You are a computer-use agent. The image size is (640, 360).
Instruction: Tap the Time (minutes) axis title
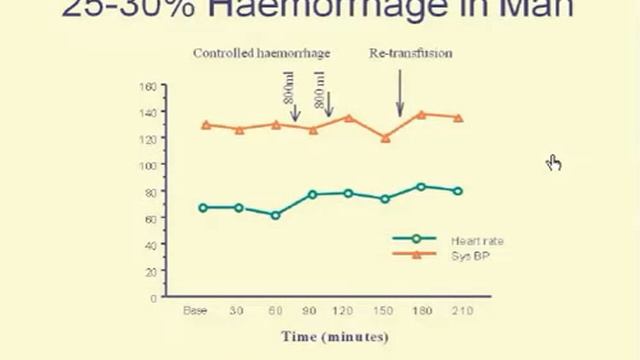pos(334,336)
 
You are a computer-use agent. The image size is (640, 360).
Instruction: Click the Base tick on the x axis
pos(195,311)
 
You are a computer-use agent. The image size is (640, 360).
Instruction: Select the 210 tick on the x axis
pos(457,311)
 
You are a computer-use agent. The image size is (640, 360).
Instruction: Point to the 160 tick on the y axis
pos(148,87)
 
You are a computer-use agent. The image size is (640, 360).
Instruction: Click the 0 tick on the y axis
pos(153,297)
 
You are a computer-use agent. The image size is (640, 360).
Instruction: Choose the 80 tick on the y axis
pos(150,192)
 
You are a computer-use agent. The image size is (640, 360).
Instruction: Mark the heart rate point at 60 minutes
pos(275,215)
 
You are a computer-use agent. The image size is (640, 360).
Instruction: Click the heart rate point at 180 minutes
pos(421,186)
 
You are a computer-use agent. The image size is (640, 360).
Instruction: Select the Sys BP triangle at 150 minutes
pos(385,138)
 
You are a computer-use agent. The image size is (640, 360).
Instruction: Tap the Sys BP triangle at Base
pos(205,125)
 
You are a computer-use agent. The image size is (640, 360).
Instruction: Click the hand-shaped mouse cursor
pos(554,162)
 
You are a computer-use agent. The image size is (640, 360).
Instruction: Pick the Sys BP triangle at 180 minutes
pos(421,114)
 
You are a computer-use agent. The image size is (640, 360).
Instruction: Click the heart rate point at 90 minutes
pos(312,194)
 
